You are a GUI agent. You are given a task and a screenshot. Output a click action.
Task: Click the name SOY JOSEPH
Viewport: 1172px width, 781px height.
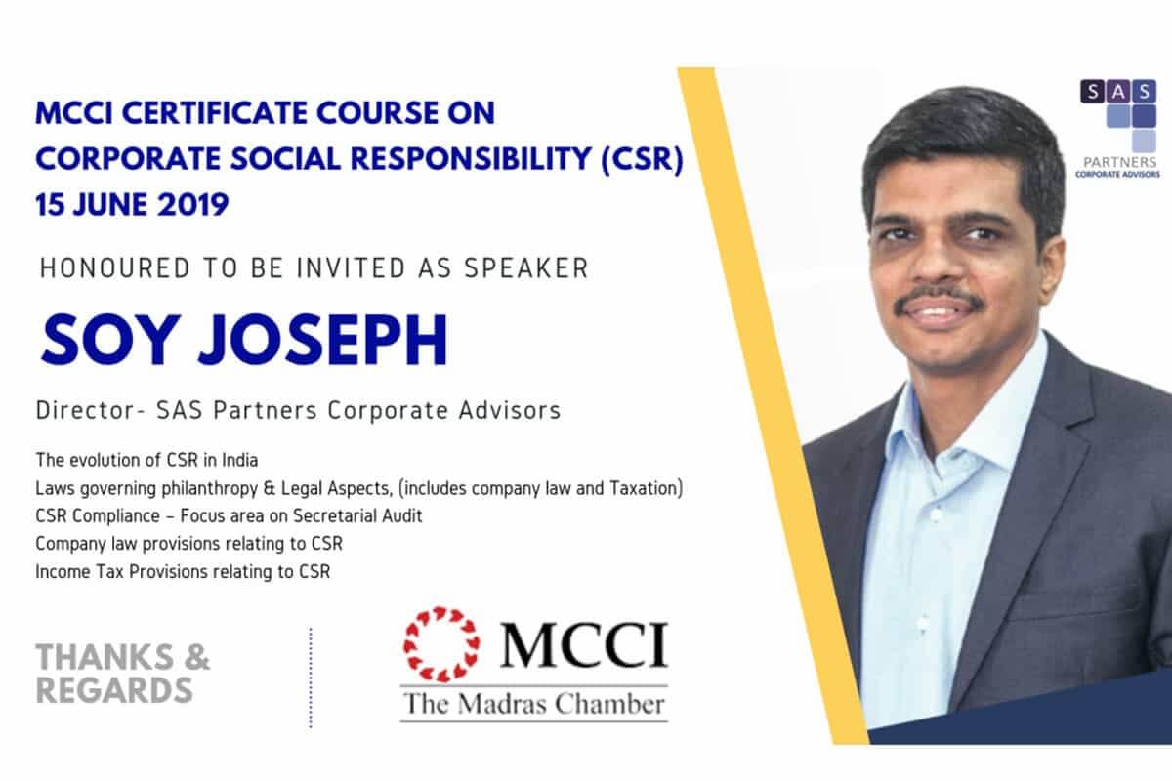(x=244, y=341)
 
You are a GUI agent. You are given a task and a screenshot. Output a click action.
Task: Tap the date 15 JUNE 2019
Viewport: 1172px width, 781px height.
(x=132, y=204)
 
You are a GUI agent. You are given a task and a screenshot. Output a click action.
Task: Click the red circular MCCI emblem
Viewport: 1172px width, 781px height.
(x=441, y=644)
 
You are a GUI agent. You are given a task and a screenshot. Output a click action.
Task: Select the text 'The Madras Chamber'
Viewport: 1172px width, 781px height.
(x=534, y=704)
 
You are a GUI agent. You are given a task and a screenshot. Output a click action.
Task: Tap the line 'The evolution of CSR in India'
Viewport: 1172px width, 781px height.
(x=147, y=461)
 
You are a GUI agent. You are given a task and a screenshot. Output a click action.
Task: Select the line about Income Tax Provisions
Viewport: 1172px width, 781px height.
(x=184, y=572)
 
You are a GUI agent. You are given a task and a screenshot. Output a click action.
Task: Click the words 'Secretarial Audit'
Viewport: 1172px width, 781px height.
(x=357, y=515)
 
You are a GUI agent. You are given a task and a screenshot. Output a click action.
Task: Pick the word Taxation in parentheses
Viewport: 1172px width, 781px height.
(x=646, y=488)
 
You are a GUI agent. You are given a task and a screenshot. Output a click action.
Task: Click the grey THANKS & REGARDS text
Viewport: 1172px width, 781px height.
(x=123, y=674)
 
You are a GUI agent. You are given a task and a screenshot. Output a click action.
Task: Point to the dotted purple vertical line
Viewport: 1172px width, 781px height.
(x=311, y=678)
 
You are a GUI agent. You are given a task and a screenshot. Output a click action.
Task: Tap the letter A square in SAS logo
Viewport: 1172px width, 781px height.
(x=1118, y=92)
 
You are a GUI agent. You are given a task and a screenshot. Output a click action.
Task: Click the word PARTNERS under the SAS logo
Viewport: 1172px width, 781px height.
(x=1118, y=162)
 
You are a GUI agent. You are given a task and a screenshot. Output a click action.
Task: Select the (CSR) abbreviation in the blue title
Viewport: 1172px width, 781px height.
(x=643, y=158)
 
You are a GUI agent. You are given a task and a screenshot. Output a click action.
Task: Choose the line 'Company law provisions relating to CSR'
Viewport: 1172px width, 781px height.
(x=189, y=544)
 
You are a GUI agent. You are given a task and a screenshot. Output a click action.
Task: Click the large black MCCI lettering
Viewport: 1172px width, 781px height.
(x=584, y=644)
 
